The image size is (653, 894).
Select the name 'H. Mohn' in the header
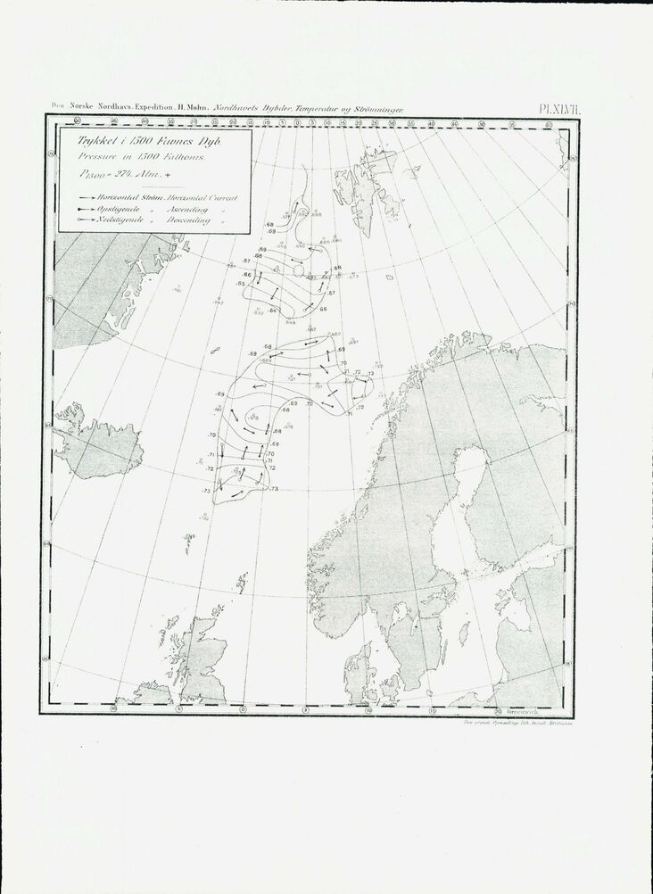coord(192,108)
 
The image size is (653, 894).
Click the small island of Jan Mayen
coord(215,351)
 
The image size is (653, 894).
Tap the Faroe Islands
coord(190,537)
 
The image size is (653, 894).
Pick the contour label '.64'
coord(272,309)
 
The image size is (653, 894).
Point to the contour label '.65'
coord(241,283)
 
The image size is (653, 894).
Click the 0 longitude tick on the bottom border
coord(244,710)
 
